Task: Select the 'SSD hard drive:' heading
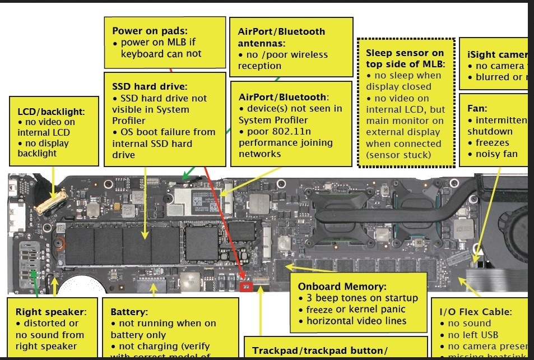pyautogui.click(x=149, y=86)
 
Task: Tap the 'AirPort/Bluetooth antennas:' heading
pyautogui.click(x=281, y=37)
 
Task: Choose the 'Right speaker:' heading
pyautogui.click(x=51, y=312)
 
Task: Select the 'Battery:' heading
pyautogui.click(x=129, y=312)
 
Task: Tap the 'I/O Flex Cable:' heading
pyautogui.click(x=476, y=311)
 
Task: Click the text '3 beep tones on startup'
pyautogui.click(x=361, y=298)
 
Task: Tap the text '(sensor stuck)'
pyautogui.click(x=398, y=155)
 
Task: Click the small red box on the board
pyautogui.click(x=245, y=288)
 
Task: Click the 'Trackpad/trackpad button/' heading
pyautogui.click(x=319, y=351)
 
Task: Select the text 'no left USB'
pyautogui.click(x=474, y=335)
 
